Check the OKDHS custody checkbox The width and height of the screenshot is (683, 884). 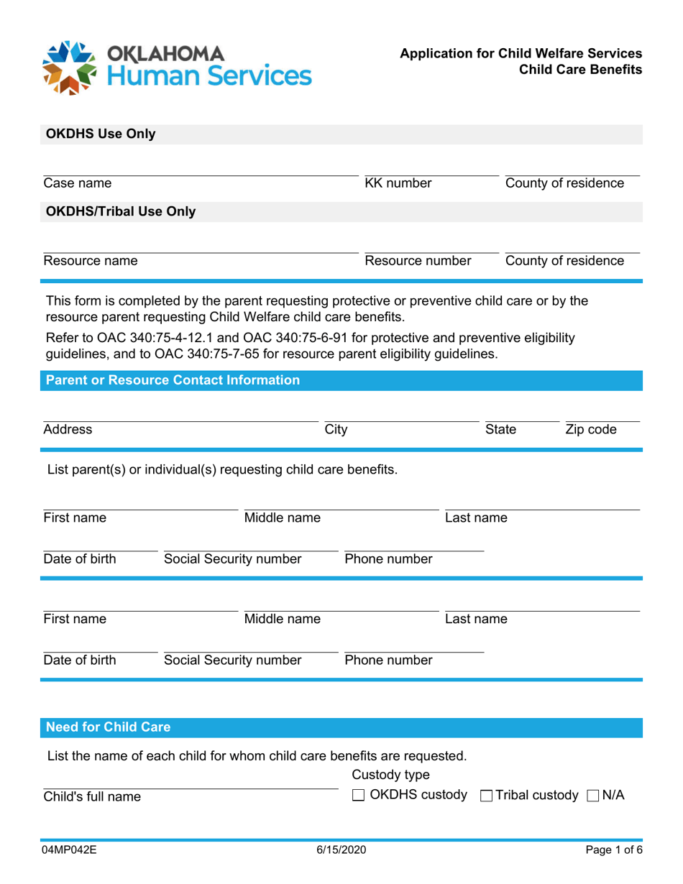359,796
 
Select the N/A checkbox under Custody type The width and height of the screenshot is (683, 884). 592,796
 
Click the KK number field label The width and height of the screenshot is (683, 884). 398,183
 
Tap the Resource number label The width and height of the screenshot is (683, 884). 418,261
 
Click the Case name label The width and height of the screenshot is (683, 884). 78,183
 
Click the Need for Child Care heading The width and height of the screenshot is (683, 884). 109,727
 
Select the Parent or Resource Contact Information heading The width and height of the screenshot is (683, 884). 173,380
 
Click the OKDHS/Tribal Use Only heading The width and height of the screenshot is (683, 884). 121,211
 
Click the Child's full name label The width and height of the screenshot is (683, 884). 92,796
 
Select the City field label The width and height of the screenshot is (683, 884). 336,430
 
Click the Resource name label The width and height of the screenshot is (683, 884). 91,261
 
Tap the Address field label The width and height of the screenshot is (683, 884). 68,430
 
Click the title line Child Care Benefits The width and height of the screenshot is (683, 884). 582,70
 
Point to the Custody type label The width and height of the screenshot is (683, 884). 390,775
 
